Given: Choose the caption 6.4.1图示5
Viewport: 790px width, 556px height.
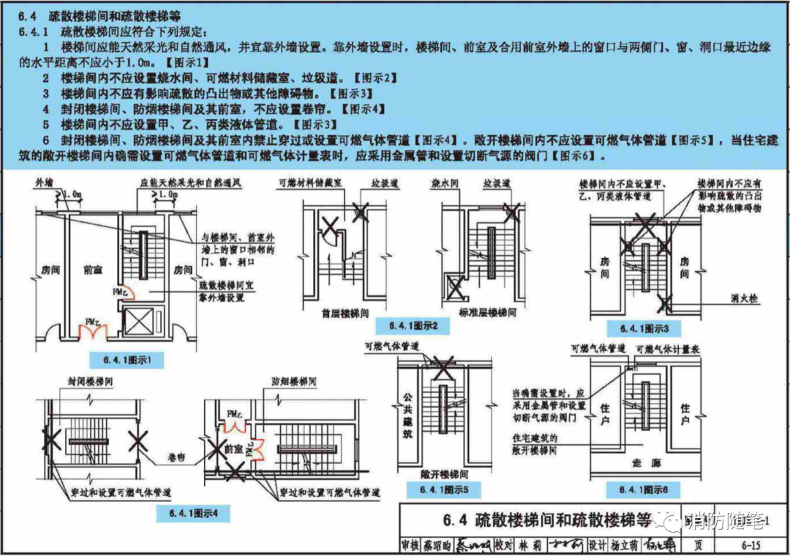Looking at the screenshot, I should click(439, 489).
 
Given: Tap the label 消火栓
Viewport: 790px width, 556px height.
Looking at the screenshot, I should click(745, 298).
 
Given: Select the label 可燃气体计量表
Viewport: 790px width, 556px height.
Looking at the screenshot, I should click(667, 351).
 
